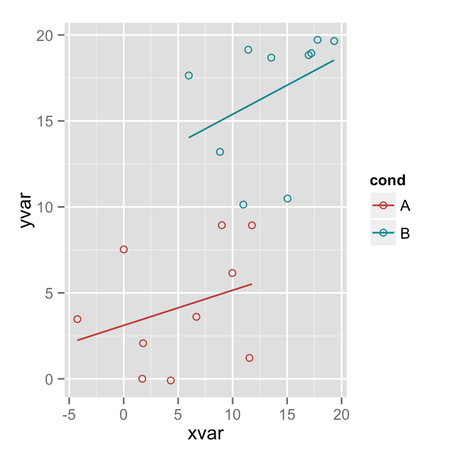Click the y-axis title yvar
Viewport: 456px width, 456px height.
point(27,208)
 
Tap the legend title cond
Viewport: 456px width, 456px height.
point(387,180)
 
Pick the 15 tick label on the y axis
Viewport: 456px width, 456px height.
point(50,121)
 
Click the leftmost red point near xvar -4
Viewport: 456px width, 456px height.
point(77,319)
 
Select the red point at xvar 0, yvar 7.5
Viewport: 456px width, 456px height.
point(123,249)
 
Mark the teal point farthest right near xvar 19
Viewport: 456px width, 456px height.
point(334,41)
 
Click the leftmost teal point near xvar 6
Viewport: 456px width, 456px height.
point(189,75)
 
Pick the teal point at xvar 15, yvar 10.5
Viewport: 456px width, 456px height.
point(287,198)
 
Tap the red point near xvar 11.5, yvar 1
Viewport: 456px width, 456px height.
point(249,357)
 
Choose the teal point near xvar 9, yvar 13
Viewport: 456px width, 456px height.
point(220,152)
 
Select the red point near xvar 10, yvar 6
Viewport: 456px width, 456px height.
point(232,273)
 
